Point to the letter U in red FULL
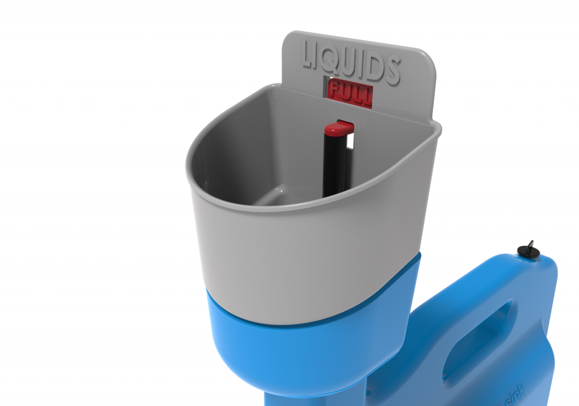346,93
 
